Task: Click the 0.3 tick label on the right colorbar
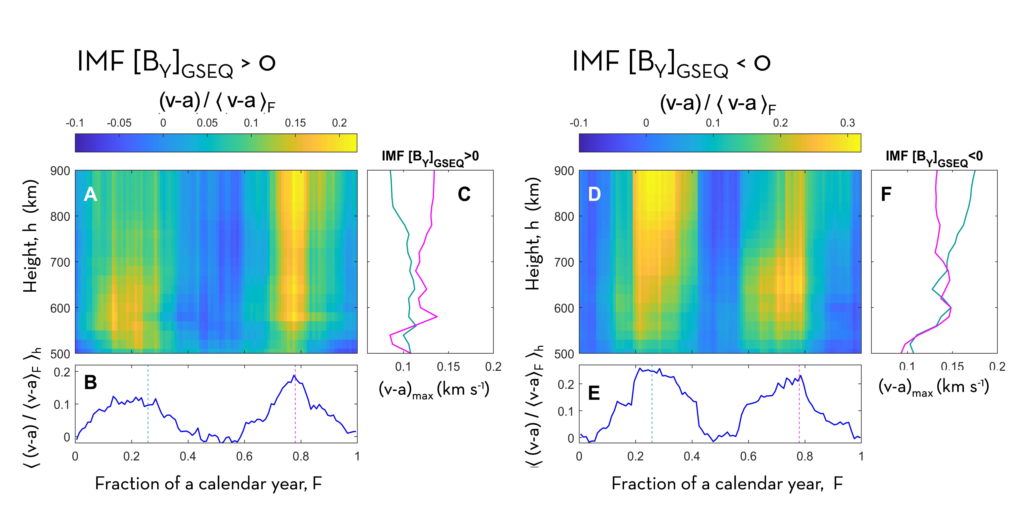pos(848,123)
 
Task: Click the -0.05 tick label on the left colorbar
pos(119,123)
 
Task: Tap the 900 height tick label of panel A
pos(60,171)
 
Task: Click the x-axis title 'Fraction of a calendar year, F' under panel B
pos(209,483)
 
